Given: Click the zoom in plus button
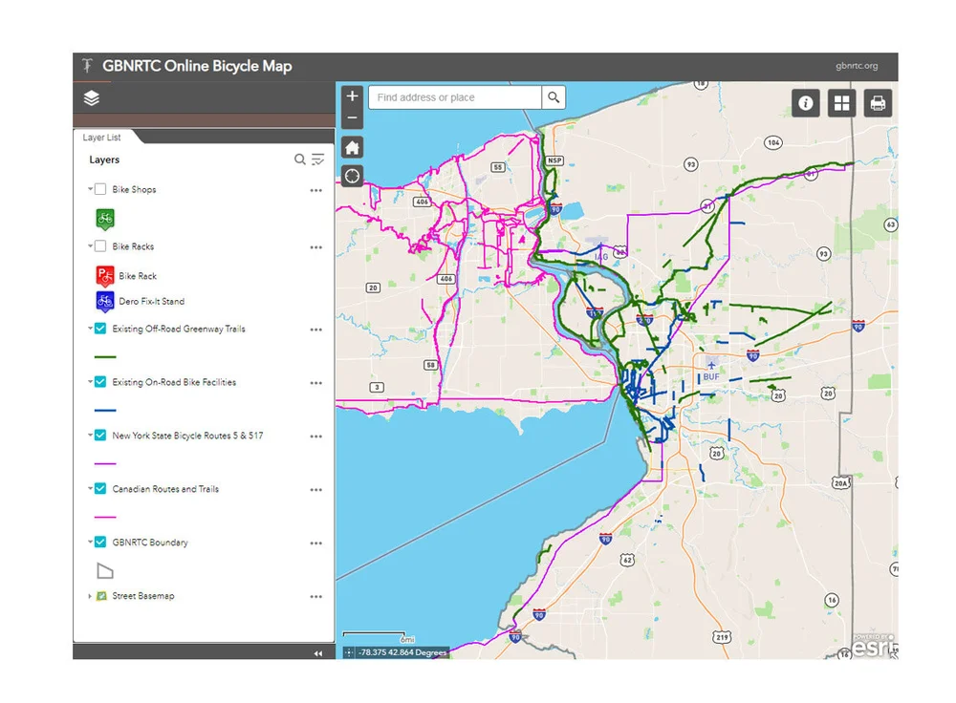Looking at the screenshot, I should coord(352,96).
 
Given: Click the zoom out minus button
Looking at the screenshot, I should coord(352,118).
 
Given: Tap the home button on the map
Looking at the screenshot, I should coord(352,147).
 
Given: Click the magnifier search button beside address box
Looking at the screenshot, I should coord(554,97).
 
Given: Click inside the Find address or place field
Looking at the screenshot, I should coord(454,97).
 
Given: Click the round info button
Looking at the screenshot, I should coord(806,103).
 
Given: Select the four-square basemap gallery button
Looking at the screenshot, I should coord(842,103).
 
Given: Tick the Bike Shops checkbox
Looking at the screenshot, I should coord(100,189).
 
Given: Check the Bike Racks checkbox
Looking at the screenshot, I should coord(100,246).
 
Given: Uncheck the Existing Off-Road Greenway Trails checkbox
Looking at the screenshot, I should coord(100,329).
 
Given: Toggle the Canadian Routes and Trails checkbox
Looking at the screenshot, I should coord(100,489).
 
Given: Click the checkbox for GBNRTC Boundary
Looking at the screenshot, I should coord(100,543).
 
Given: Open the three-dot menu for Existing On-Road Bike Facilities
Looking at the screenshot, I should coord(315,383).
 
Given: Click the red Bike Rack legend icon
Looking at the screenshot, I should coord(104,276).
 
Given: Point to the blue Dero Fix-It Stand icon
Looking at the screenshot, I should coord(104,302).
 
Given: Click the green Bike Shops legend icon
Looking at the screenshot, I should coord(105,219).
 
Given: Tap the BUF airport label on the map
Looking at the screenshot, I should coord(711,376).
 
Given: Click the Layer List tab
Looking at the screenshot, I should coord(102,138).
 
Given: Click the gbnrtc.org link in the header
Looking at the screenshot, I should coord(856,67).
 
